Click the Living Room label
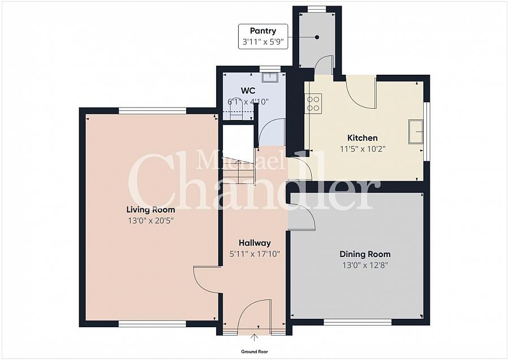[x=150, y=209]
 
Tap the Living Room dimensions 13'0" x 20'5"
[x=150, y=220]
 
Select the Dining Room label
[x=365, y=254]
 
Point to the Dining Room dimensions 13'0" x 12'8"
[x=365, y=265]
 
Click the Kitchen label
[x=362, y=138]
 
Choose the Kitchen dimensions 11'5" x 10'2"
[x=362, y=148]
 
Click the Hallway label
[x=254, y=243]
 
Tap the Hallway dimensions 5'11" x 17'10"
[x=254, y=254]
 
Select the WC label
[x=248, y=91]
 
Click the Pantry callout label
[x=263, y=31]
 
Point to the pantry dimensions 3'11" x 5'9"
[x=263, y=42]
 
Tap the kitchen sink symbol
[x=416, y=132]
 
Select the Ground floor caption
[x=254, y=352]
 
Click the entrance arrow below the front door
[x=254, y=338]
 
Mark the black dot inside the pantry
[x=317, y=37]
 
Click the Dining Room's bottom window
[x=357, y=322]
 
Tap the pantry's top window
[x=317, y=8]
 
